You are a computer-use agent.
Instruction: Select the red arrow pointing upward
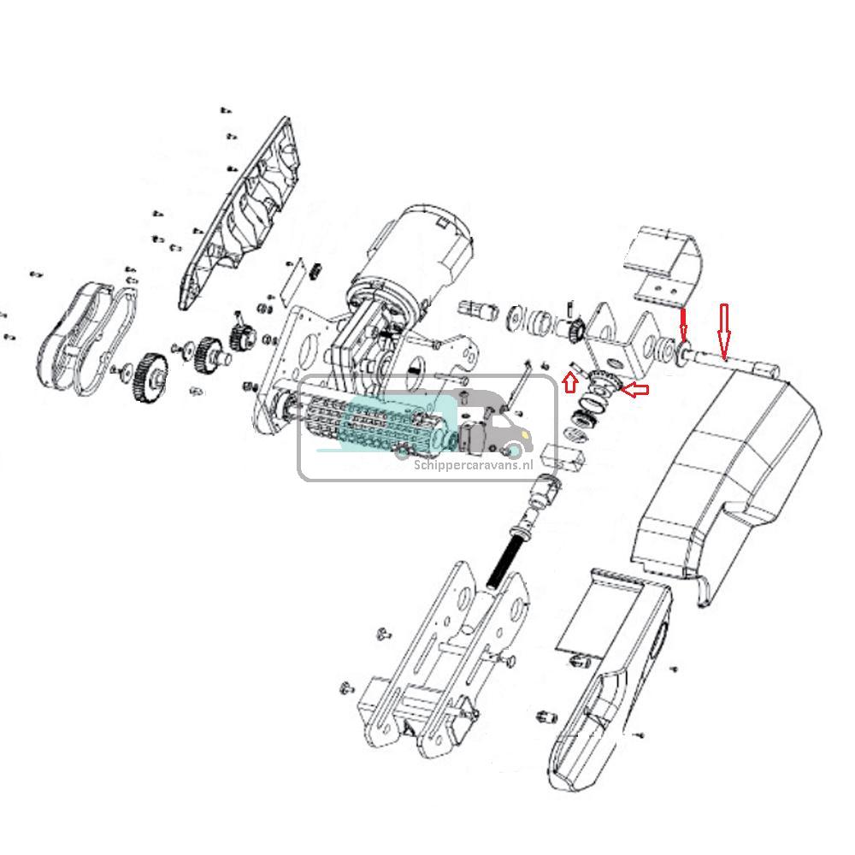coord(570,381)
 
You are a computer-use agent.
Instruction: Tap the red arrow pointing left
coord(634,391)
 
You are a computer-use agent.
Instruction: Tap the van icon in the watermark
coord(492,423)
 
